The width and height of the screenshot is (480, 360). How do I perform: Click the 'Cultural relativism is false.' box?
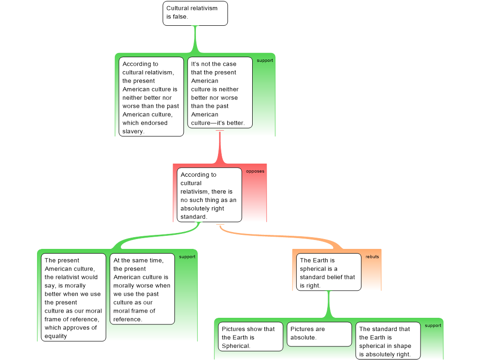(x=195, y=13)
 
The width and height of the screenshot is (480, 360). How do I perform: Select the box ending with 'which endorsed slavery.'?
(x=151, y=97)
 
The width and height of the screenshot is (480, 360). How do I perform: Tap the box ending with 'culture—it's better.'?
(x=220, y=92)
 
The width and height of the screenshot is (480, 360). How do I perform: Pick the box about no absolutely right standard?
(x=209, y=195)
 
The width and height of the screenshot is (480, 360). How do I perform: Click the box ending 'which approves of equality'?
(x=74, y=297)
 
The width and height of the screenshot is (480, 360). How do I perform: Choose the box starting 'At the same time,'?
(x=142, y=289)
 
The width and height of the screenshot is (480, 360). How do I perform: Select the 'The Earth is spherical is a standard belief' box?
(x=329, y=272)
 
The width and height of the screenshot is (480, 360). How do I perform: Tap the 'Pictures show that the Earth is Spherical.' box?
(x=250, y=337)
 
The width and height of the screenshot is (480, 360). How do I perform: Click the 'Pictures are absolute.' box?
(x=319, y=334)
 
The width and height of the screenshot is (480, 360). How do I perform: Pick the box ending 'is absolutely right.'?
(x=388, y=341)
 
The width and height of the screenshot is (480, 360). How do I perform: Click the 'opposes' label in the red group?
(x=255, y=171)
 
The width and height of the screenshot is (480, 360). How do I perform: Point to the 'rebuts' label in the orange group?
(x=372, y=257)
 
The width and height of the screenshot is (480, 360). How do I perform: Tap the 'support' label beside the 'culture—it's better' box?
(x=265, y=60)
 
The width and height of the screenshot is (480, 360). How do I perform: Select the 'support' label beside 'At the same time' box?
(x=187, y=257)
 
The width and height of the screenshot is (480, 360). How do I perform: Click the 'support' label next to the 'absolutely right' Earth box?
(x=433, y=326)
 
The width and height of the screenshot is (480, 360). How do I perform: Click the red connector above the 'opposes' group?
(x=220, y=147)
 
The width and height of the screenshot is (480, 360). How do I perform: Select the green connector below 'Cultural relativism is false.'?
(x=195, y=39)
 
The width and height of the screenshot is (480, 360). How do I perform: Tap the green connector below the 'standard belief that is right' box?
(x=329, y=304)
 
